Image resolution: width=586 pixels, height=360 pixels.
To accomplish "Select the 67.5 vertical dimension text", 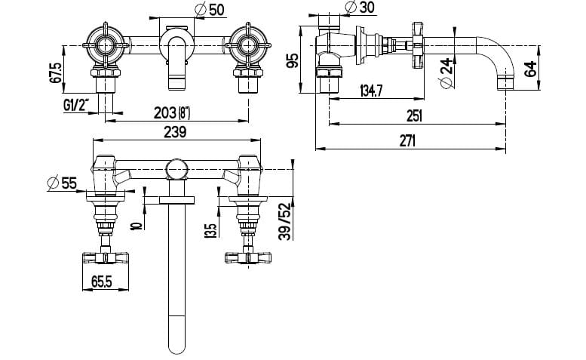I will [x=55, y=75].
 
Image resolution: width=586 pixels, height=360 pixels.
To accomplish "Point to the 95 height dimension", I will [x=293, y=60].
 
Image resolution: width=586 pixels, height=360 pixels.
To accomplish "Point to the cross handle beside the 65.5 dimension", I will [x=106, y=257].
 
